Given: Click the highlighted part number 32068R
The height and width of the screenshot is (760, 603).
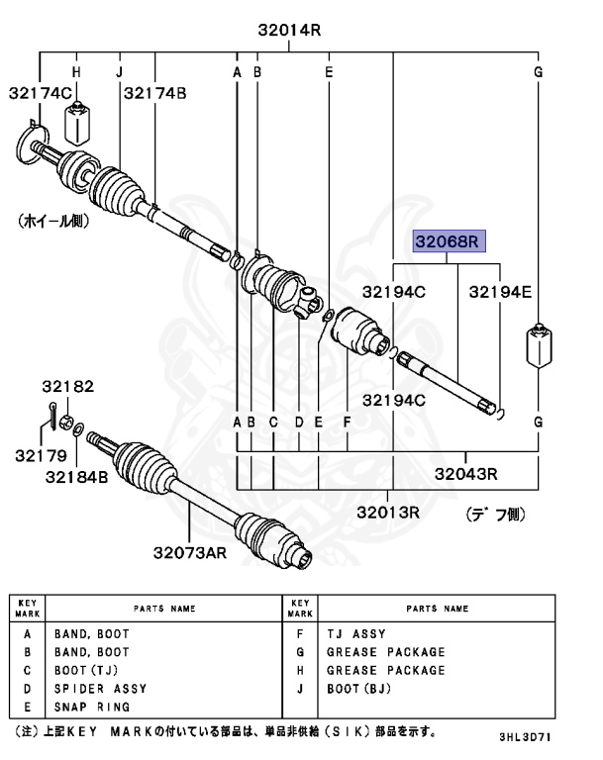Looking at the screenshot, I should tap(447, 241).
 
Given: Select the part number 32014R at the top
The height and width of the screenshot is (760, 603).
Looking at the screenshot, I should tap(290, 31).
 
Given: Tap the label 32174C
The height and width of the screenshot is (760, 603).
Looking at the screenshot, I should tap(41, 93).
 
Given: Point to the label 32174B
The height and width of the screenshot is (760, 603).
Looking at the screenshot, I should tap(154, 93).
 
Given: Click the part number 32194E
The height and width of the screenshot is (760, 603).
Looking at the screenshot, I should tap(500, 292).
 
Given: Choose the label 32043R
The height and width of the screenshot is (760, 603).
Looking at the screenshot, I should tap(463, 474).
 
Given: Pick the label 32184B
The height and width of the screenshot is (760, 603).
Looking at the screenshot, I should tap(75, 477).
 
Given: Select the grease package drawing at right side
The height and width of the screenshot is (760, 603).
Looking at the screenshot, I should tap(538, 347).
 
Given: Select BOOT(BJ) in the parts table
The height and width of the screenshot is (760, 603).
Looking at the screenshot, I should tap(359, 689).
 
